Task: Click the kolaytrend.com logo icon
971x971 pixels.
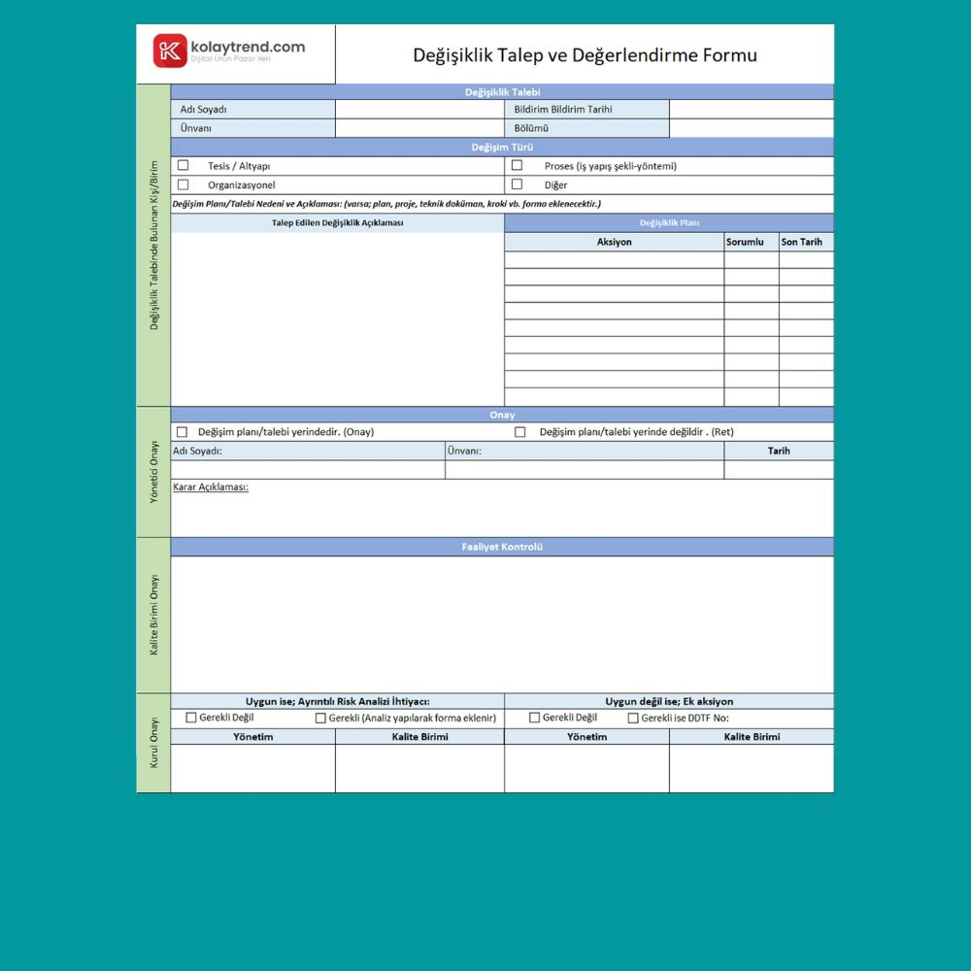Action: pyautogui.click(x=170, y=50)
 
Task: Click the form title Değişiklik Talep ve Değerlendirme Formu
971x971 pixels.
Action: pyautogui.click(x=585, y=54)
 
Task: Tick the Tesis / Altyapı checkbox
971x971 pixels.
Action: pyautogui.click(x=183, y=165)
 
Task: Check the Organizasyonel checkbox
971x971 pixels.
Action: pyautogui.click(x=183, y=184)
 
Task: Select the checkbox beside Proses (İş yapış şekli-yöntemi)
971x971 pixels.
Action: pyautogui.click(x=517, y=165)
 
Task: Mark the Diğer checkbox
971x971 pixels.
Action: pyautogui.click(x=517, y=184)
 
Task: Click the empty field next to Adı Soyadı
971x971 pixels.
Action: pyautogui.click(x=419, y=110)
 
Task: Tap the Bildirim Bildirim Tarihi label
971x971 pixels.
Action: pyautogui.click(x=563, y=110)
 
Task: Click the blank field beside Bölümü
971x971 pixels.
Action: pyautogui.click(x=751, y=128)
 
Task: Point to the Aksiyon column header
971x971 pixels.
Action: pyautogui.click(x=614, y=242)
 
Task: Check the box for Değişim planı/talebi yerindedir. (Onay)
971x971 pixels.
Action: pyautogui.click(x=182, y=432)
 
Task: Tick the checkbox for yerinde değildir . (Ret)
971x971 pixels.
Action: pyautogui.click(x=519, y=432)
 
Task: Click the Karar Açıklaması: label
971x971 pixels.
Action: pyautogui.click(x=210, y=486)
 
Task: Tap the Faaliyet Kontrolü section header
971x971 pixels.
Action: pyautogui.click(x=502, y=547)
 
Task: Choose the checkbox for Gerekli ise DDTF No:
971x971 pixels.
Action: pyautogui.click(x=633, y=719)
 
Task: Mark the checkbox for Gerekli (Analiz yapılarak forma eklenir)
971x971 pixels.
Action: pyautogui.click(x=320, y=719)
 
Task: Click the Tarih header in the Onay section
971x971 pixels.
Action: pyautogui.click(x=779, y=451)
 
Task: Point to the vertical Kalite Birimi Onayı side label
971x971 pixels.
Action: pyautogui.click(x=153, y=615)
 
